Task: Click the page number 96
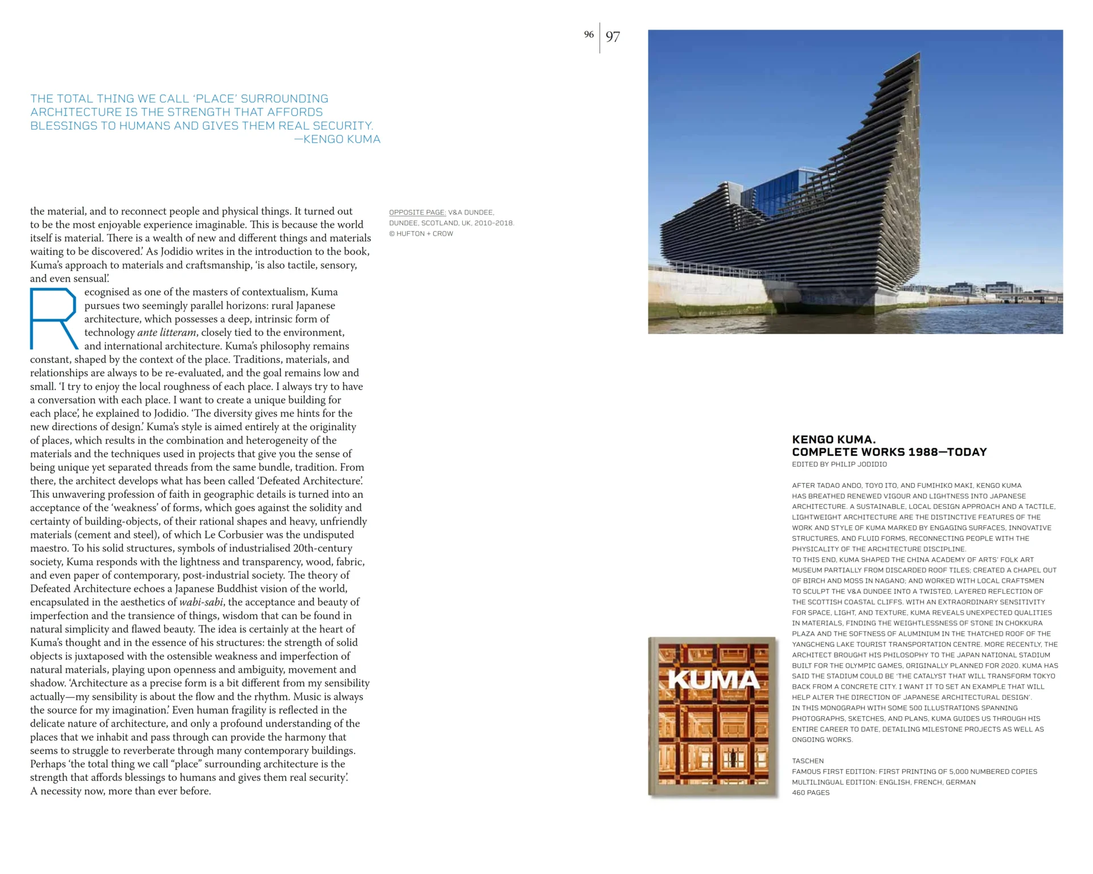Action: [589, 35]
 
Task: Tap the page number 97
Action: [613, 37]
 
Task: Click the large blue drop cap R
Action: [54, 319]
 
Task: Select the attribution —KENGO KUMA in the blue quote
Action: [337, 139]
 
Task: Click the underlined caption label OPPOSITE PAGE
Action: [417, 213]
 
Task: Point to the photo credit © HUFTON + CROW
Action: [421, 234]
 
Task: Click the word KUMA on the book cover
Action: [713, 679]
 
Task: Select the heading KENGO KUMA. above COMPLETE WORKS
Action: [833, 440]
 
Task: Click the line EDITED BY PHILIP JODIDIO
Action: [839, 464]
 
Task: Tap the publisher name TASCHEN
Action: [807, 761]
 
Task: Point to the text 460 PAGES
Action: [811, 793]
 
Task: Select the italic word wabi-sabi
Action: [201, 603]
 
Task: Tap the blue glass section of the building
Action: [774, 196]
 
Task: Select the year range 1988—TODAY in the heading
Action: [947, 452]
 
